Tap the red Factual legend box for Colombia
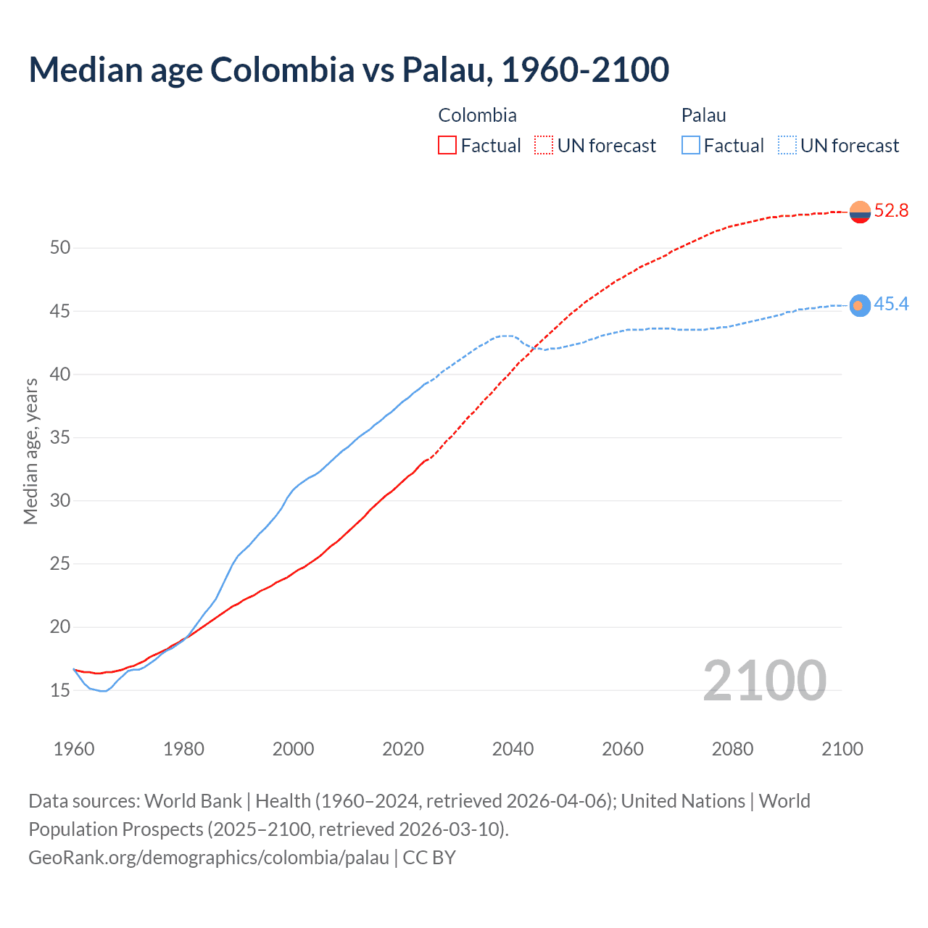pos(447,146)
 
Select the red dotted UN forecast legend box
pos(544,146)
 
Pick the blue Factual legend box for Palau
pos(691,146)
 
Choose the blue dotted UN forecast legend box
pos(787,146)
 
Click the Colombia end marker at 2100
pos(860,212)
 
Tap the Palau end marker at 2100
pos(860,305)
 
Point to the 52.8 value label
pos(891,211)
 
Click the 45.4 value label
pos(891,304)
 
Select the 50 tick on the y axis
pos(60,248)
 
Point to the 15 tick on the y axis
pos(60,690)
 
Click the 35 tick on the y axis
pos(60,438)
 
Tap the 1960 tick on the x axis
pos(74,749)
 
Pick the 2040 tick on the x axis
pos(513,749)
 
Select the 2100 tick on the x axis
pos(842,749)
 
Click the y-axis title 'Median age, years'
pos(30,451)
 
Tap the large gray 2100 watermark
pos(764,681)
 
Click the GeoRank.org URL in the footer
pos(209,858)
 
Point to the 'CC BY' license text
pos(429,858)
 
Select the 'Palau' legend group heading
pos(703,115)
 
